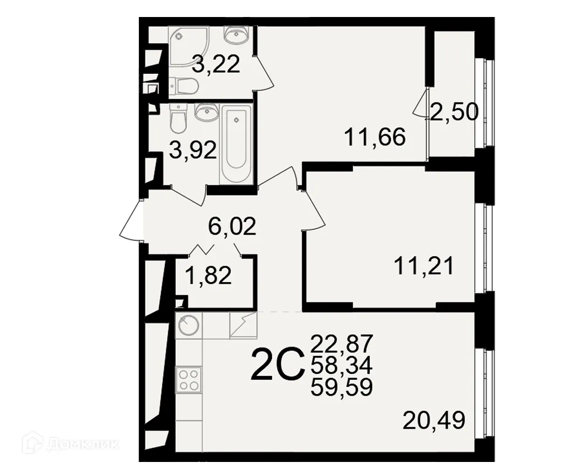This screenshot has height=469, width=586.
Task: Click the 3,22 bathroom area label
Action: (217, 64)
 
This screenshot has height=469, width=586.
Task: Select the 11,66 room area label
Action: (375, 138)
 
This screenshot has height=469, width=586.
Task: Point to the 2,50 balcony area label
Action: (454, 111)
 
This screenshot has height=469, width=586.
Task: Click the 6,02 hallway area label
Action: (233, 225)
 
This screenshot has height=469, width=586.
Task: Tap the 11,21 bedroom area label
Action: (423, 267)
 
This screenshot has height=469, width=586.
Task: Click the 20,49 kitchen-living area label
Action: (434, 420)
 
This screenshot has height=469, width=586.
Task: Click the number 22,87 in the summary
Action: (342, 341)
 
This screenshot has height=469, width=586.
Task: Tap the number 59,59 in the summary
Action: (342, 387)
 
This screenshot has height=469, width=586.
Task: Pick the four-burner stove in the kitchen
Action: (188, 379)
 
